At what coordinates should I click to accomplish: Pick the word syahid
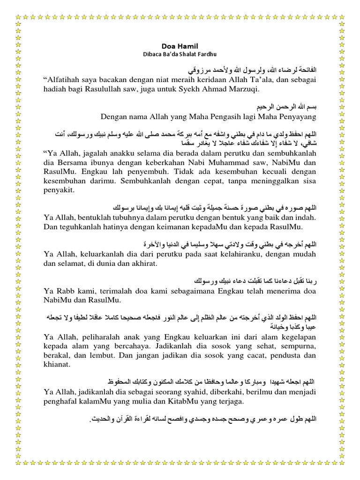coord(198,391)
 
